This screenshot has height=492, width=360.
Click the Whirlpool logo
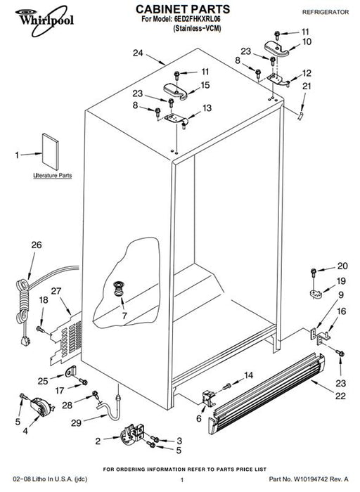click(x=44, y=20)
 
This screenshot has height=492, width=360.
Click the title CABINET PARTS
click(x=183, y=9)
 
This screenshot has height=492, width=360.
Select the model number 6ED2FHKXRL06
click(x=197, y=19)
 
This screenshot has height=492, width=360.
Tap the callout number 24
click(x=138, y=53)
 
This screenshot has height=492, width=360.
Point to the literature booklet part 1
click(x=50, y=152)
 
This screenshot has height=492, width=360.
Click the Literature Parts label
click(x=53, y=176)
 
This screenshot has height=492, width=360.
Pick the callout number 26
click(x=37, y=245)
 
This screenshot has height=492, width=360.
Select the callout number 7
click(x=124, y=316)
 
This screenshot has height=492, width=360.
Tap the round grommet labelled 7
click(x=118, y=289)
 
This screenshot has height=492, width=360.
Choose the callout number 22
click(x=340, y=396)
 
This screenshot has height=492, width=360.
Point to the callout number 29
click(x=76, y=423)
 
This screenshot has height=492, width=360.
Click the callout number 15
click(x=205, y=85)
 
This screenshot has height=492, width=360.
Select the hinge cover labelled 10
click(x=276, y=48)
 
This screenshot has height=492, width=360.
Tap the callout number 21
click(x=307, y=86)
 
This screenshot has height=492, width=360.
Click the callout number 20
click(x=342, y=266)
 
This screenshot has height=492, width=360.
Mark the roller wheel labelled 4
click(x=41, y=407)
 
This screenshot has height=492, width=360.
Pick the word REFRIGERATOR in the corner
click(x=326, y=12)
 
